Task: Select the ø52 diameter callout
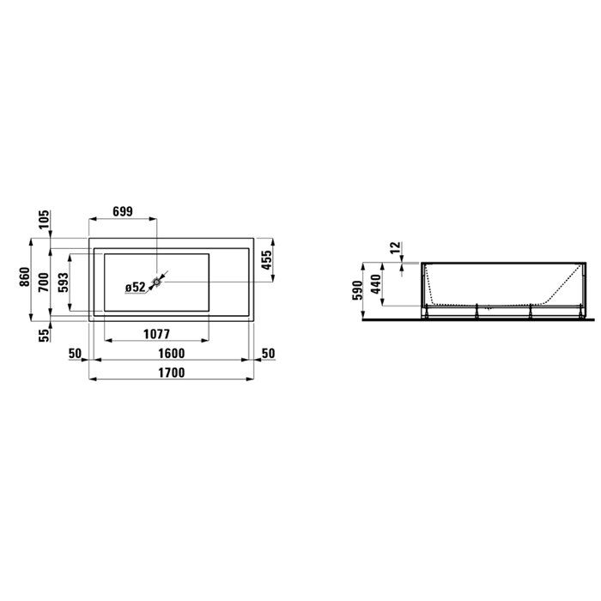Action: point(136,288)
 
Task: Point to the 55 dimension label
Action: point(41,334)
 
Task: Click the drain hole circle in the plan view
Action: point(158,280)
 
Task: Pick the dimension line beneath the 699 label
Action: point(123,218)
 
